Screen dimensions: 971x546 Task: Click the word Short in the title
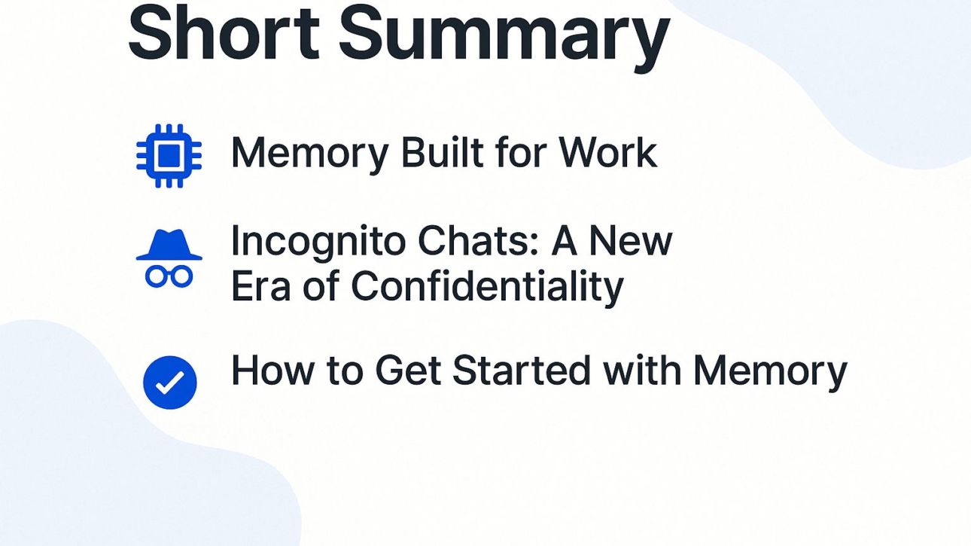[x=224, y=32]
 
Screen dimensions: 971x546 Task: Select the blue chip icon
[x=169, y=156]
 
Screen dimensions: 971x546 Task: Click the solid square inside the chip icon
[x=169, y=156]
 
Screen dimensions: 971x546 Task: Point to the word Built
[x=442, y=152]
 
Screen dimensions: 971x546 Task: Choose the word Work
[x=608, y=152]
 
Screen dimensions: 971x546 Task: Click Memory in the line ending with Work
[x=310, y=155]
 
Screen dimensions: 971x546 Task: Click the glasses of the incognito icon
[x=169, y=276]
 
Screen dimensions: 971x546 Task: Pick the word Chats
[x=479, y=241]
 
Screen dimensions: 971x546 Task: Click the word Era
[x=261, y=285]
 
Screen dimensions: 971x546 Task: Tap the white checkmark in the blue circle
[x=170, y=383]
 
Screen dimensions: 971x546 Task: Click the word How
[x=272, y=370]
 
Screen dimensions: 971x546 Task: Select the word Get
[x=408, y=370]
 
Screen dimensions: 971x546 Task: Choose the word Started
[x=522, y=370]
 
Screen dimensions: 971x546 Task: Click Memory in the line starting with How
[x=770, y=373]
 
